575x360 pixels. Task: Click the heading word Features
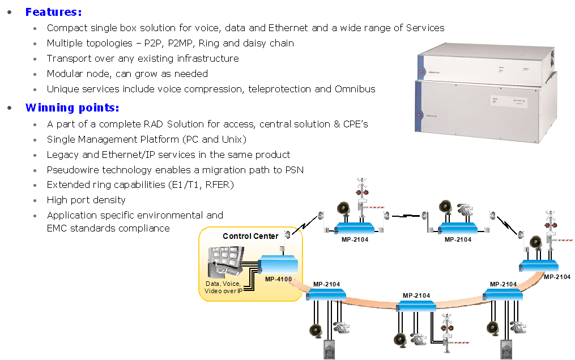pyautogui.click(x=53, y=12)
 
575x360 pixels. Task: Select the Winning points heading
pyautogui.click(x=72, y=108)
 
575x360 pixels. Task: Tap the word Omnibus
pyautogui.click(x=355, y=89)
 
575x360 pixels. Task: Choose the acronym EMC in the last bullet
pyautogui.click(x=58, y=229)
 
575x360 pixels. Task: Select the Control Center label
pyautogui.click(x=250, y=236)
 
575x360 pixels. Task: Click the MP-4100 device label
pyautogui.click(x=278, y=278)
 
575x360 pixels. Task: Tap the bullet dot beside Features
pyautogui.click(x=10, y=12)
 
